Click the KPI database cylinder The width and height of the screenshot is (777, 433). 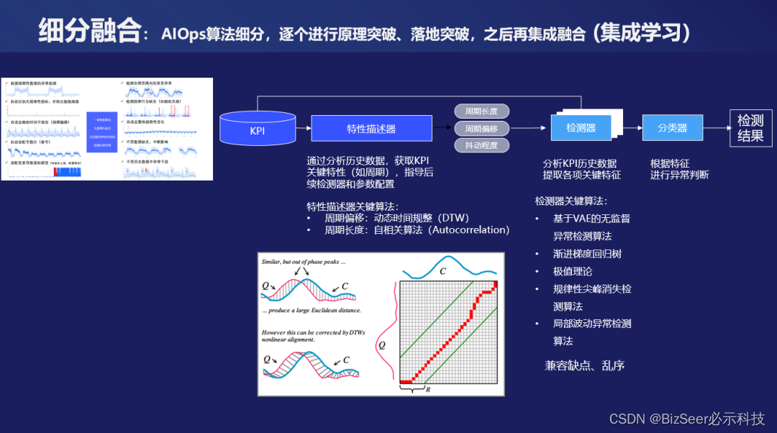coord(257,129)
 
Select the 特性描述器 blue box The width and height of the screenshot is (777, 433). coord(371,129)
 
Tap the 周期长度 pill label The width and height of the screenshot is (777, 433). coord(481,111)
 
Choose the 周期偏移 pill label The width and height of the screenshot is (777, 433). coord(481,129)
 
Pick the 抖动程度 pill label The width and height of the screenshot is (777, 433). coord(481,145)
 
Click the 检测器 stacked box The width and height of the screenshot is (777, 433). coord(581,128)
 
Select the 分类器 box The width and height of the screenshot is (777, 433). coord(672,128)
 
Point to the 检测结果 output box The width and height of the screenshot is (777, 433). coord(750,128)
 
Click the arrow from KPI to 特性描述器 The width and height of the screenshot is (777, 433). coord(303,129)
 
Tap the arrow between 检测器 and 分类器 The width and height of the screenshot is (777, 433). coord(632,128)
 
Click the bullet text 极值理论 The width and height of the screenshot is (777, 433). coord(573,271)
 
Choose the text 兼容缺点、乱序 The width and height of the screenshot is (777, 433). coord(584,365)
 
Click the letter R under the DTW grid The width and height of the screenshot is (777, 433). coord(428,390)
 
